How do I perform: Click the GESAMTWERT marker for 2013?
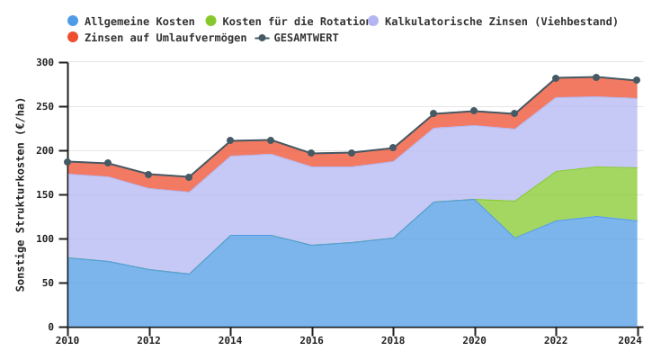pyautogui.click(x=189, y=177)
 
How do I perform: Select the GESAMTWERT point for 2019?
pyautogui.click(x=433, y=114)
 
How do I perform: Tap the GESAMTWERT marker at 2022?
pyautogui.click(x=556, y=78)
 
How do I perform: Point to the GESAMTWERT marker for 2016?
pyautogui.click(x=311, y=154)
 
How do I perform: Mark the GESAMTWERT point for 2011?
pyautogui.click(x=108, y=164)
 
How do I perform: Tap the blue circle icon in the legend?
pyautogui.click(x=73, y=21)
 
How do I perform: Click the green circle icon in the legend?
pyautogui.click(x=210, y=21)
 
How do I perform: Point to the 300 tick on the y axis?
pyautogui.click(x=45, y=63)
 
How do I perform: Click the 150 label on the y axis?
pyautogui.click(x=45, y=195)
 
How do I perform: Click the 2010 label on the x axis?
pyautogui.click(x=67, y=340)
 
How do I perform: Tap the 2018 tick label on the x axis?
pyautogui.click(x=393, y=340)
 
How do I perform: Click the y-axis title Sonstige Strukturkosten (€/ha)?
pyautogui.click(x=21, y=194)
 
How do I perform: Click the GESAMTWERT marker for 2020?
pyautogui.click(x=474, y=112)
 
